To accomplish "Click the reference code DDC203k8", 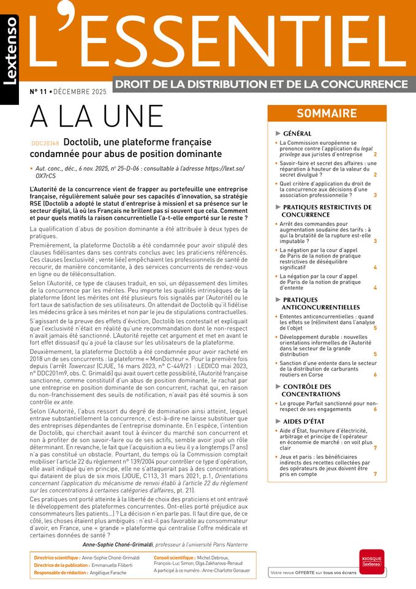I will [45, 142].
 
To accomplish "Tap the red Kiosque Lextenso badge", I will [373, 561].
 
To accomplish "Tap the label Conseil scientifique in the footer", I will [175, 557].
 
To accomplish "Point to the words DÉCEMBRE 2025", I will [80, 91].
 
